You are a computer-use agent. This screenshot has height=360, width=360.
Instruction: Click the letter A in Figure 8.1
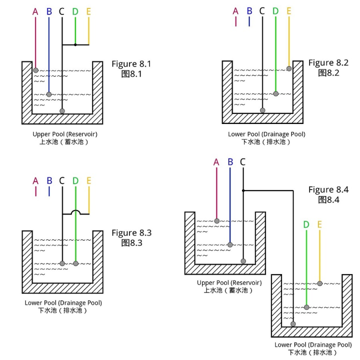coord(35,11)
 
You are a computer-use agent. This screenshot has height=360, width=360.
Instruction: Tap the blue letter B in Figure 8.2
coord(249,10)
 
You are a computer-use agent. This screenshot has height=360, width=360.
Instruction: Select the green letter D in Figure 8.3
coord(75,180)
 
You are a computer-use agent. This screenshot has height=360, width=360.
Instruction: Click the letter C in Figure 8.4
coord(243,162)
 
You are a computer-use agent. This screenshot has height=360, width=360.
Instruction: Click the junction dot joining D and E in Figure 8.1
coord(75,45)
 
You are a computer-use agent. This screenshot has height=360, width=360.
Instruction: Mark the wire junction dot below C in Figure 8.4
coord(243,190)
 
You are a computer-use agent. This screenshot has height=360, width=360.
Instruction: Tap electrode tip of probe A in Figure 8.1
coord(35,70)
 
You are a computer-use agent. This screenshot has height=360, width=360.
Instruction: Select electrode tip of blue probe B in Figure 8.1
coord(49,94)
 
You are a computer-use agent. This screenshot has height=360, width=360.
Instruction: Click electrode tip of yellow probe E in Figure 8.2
coord(289,68)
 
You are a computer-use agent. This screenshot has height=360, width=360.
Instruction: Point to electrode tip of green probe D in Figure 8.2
coord(275,93)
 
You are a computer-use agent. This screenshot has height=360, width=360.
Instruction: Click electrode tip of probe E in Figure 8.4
coord(319,283)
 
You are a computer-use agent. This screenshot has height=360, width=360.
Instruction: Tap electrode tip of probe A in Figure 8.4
coord(216,220)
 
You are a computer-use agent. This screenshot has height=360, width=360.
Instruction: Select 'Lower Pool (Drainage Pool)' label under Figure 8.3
coord(63,303)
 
